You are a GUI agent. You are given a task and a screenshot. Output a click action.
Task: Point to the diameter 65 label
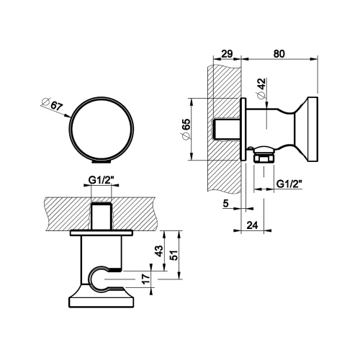tap(186, 128)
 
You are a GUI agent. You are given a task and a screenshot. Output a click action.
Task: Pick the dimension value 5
tap(225, 204)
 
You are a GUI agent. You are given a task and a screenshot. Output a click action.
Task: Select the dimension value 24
tap(252, 225)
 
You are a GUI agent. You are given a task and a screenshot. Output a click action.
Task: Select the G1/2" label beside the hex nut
tap(289, 184)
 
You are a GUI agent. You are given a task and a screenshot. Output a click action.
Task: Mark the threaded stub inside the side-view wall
tap(228, 129)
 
